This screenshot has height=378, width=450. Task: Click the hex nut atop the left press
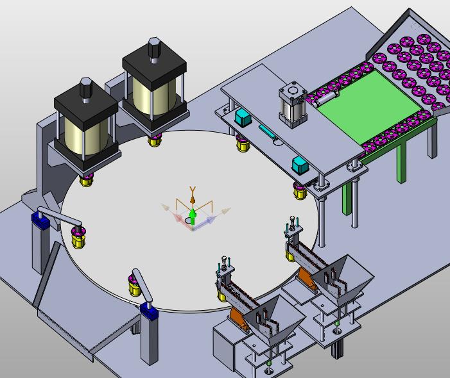coord(86,87)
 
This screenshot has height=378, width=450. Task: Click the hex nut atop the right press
coord(154,47)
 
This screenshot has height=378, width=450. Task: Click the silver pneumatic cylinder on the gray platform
coord(293,104)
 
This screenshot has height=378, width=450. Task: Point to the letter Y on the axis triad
coord(193,190)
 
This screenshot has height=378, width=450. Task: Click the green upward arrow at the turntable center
coord(193,216)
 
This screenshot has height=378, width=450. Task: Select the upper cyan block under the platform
coord(243,118)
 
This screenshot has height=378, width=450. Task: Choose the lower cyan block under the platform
coord(300,165)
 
